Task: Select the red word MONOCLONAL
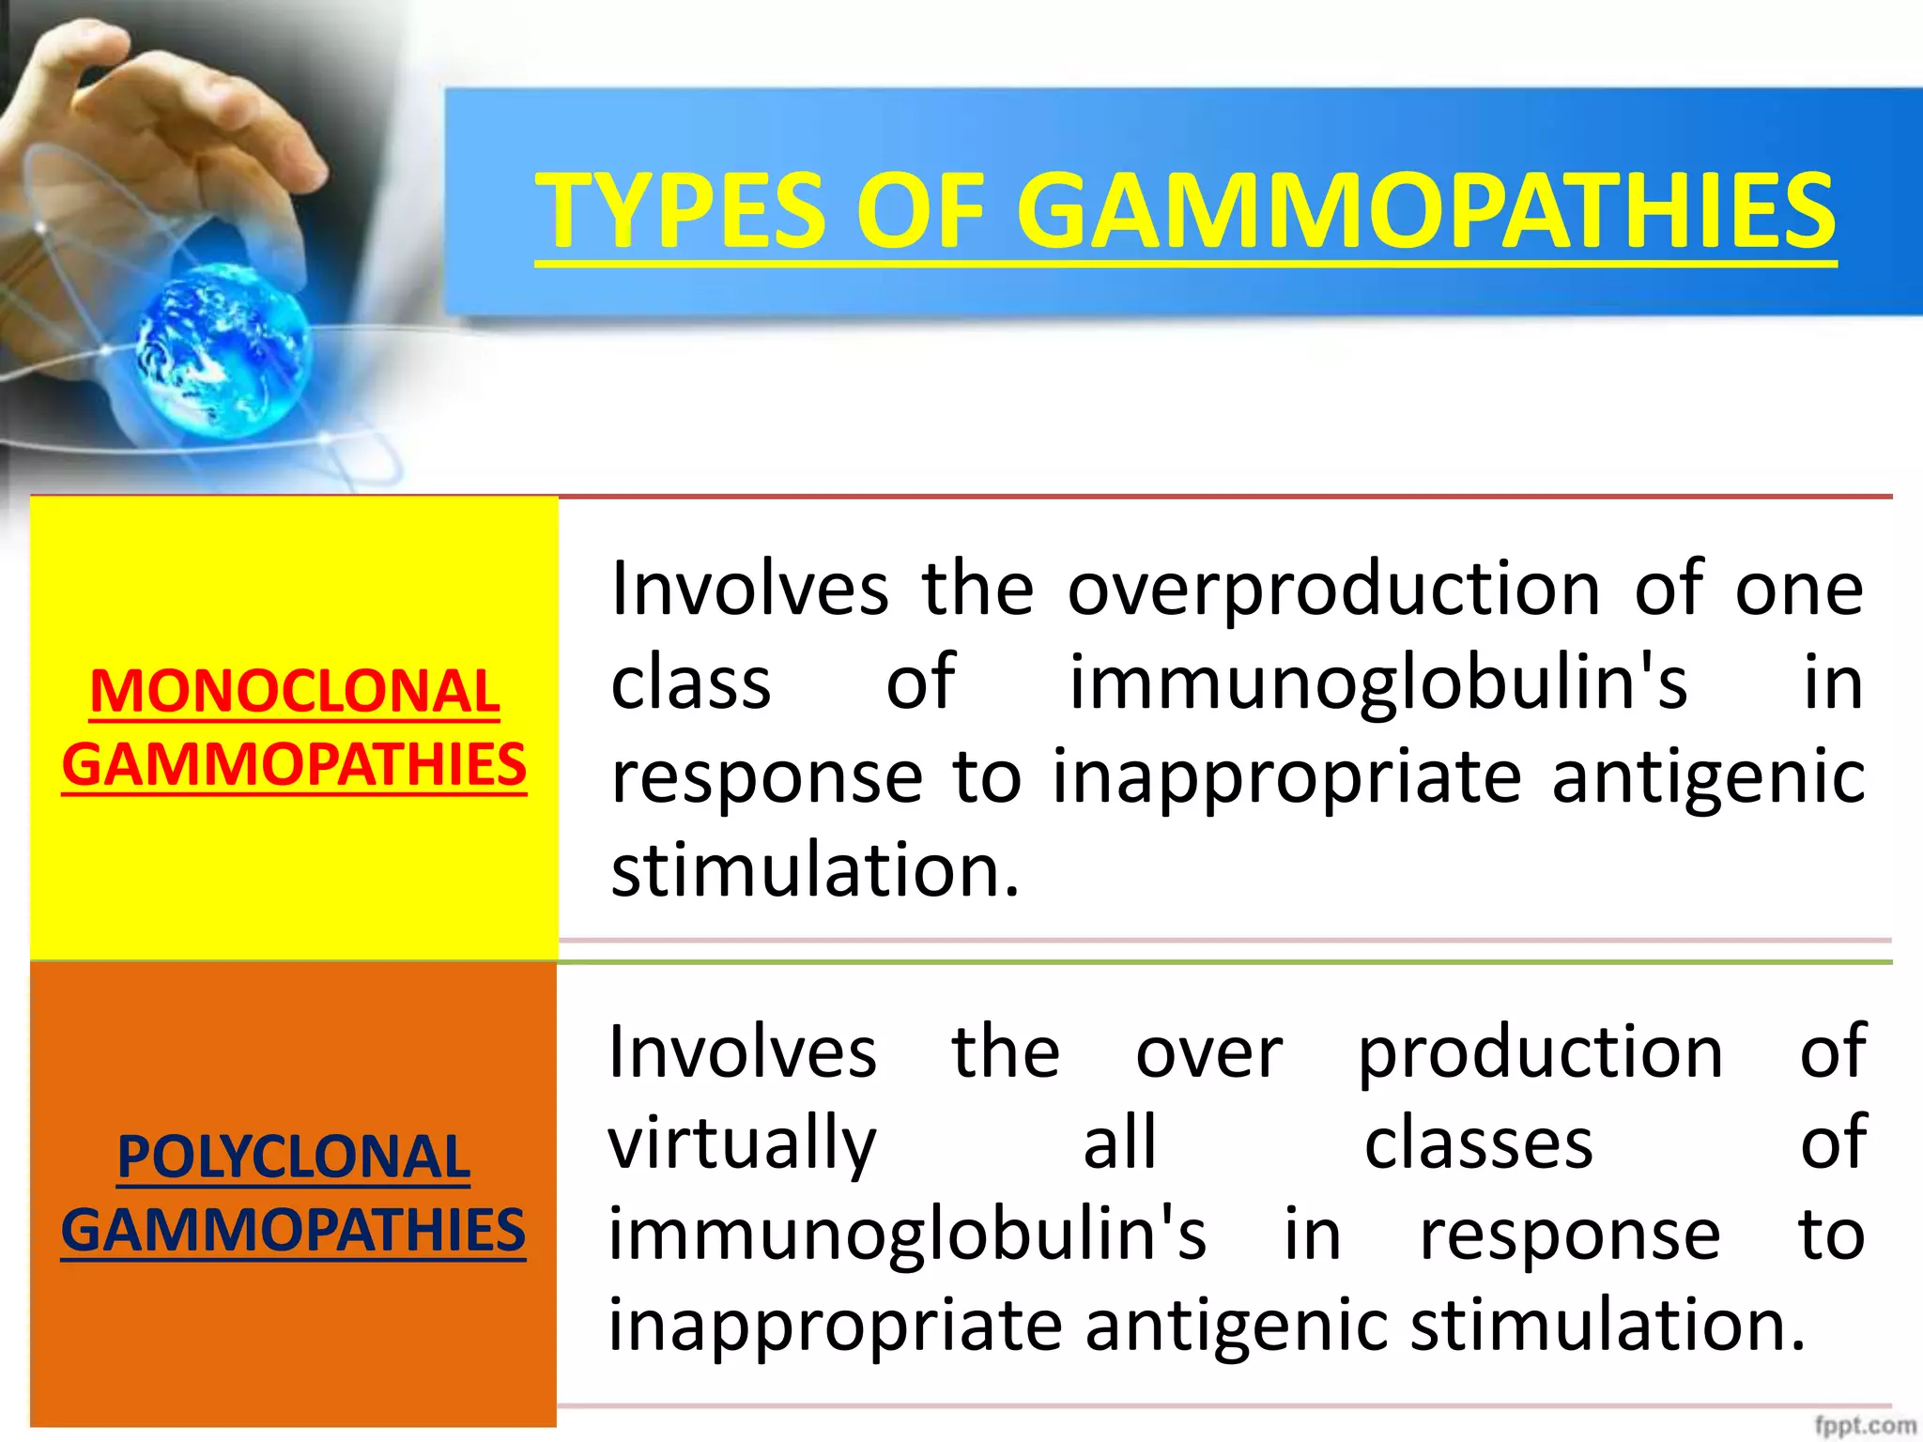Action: (x=295, y=692)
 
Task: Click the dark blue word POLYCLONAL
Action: (x=294, y=1157)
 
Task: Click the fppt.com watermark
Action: (x=1864, y=1425)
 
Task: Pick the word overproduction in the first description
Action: (x=1333, y=589)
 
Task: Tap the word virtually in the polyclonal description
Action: (x=742, y=1143)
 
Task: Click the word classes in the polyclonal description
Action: (x=1478, y=1143)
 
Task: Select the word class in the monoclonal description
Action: (x=691, y=683)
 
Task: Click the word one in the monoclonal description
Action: (x=1798, y=589)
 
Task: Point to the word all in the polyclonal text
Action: (x=1119, y=1143)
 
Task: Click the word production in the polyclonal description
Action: (x=1540, y=1053)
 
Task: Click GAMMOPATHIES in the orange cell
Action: (x=294, y=1230)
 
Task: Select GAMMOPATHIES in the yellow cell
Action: (x=295, y=764)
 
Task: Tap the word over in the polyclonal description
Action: (x=1208, y=1053)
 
